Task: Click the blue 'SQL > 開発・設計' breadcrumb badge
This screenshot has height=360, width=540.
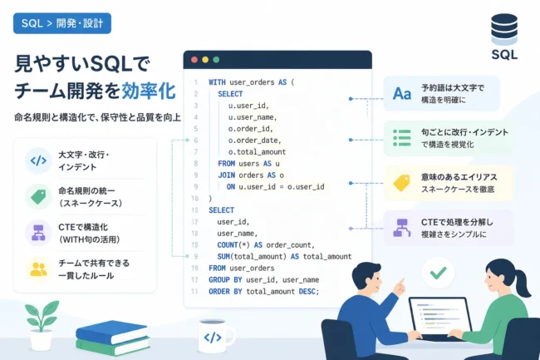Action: coord(62,23)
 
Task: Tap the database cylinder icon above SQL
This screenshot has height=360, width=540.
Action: coord(504,29)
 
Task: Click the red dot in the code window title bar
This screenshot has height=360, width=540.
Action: coord(194,60)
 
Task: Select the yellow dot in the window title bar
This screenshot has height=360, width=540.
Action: coord(205,60)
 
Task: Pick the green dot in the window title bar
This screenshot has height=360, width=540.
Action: coord(216,60)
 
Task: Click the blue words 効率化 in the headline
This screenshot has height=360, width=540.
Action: coord(149,91)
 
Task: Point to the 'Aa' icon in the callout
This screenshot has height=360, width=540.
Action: coord(402,93)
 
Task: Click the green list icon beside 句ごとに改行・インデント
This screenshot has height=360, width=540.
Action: coord(402,138)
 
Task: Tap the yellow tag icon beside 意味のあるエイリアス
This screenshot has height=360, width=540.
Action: coord(401,183)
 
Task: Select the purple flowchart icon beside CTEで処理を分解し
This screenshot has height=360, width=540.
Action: coord(401,228)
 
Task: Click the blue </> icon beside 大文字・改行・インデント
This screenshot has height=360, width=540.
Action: coord(38,160)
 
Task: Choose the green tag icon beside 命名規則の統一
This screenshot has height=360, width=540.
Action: coord(38,197)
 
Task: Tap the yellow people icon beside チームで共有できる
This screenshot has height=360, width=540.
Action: coord(38,269)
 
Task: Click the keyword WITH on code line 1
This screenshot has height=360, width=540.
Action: coord(217,82)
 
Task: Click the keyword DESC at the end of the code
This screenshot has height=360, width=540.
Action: coord(307,292)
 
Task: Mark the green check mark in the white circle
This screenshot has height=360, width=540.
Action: coord(438,273)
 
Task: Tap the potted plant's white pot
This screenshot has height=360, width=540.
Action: coord(41,340)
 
